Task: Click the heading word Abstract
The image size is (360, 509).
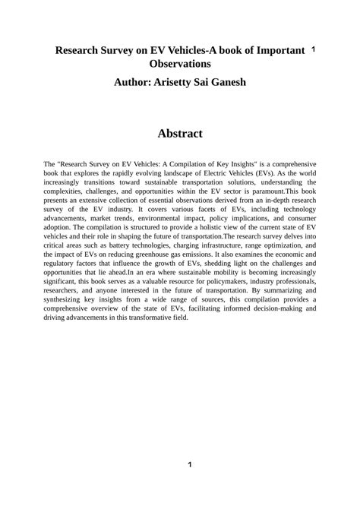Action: click(x=180, y=134)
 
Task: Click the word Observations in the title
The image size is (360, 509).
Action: click(x=180, y=65)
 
